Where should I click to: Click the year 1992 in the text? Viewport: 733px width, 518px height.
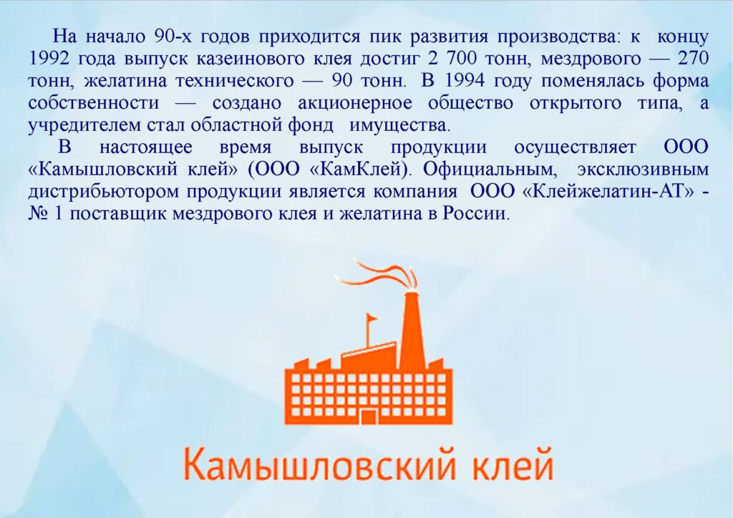point(49,59)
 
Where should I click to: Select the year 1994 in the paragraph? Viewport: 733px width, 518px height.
point(464,81)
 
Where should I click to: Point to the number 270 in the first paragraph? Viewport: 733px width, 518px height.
point(693,59)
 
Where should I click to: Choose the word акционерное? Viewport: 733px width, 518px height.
point(355,103)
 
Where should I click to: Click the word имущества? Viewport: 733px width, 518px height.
point(399,126)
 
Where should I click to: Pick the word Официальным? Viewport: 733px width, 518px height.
point(490,169)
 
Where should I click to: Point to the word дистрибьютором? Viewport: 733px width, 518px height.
point(104,192)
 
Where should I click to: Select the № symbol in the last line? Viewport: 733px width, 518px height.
point(37,213)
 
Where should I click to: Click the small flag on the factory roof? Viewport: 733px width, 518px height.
point(372,319)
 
